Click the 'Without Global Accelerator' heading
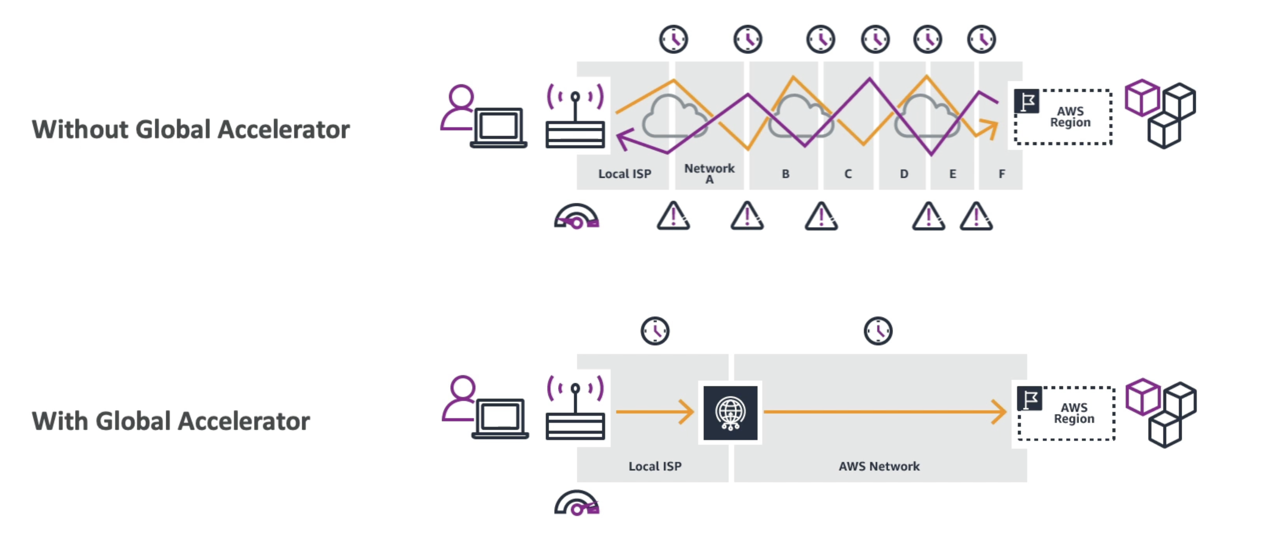pyautogui.click(x=191, y=129)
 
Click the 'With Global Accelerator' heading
pyautogui.click(x=171, y=421)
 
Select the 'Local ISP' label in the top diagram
pyautogui.click(x=624, y=174)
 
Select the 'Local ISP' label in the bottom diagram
pyautogui.click(x=654, y=466)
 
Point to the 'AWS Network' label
pyautogui.click(x=879, y=466)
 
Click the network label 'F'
pyautogui.click(x=1001, y=174)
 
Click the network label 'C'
pyautogui.click(x=848, y=174)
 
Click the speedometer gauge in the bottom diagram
pyautogui.click(x=577, y=503)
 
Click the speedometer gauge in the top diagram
pyautogui.click(x=576, y=216)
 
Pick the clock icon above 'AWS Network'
pyautogui.click(x=878, y=331)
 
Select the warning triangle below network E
pyautogui.click(x=976, y=216)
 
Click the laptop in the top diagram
pyautogui.click(x=498, y=128)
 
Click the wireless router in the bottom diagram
pyautogui.click(x=575, y=412)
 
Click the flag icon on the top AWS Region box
pyautogui.click(x=1026, y=101)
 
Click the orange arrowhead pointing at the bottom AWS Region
pyautogui.click(x=999, y=412)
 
